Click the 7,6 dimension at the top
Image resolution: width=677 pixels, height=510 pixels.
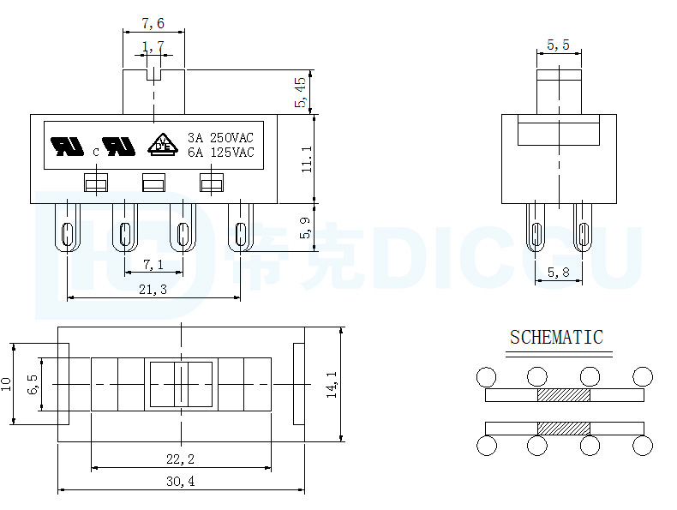click(153, 23)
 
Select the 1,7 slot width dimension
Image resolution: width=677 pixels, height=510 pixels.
click(153, 46)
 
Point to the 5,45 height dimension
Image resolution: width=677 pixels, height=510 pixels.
click(301, 92)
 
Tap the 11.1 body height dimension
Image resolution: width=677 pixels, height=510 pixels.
click(307, 159)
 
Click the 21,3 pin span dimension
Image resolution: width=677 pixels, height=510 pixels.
click(153, 290)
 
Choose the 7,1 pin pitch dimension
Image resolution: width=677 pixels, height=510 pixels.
click(153, 264)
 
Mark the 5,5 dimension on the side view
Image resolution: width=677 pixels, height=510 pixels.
click(558, 45)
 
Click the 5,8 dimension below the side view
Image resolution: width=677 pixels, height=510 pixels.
click(558, 272)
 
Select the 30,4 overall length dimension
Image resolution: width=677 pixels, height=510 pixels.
click(181, 481)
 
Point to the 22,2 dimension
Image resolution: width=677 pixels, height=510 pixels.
click(181, 459)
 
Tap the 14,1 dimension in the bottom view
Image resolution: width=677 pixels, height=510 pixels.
click(332, 384)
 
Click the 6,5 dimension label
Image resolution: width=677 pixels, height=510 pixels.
click(33, 384)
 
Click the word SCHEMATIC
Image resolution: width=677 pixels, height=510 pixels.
click(556, 337)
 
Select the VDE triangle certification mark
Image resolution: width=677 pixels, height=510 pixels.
click(163, 144)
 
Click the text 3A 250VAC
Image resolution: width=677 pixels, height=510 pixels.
click(220, 138)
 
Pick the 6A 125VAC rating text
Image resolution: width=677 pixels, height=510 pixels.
click(220, 153)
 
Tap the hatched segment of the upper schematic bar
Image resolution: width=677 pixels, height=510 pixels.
click(564, 395)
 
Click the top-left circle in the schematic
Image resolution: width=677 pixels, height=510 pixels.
click(486, 376)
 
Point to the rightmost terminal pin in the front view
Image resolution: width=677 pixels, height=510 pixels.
click(241, 228)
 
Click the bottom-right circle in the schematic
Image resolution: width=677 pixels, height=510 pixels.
click(643, 445)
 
